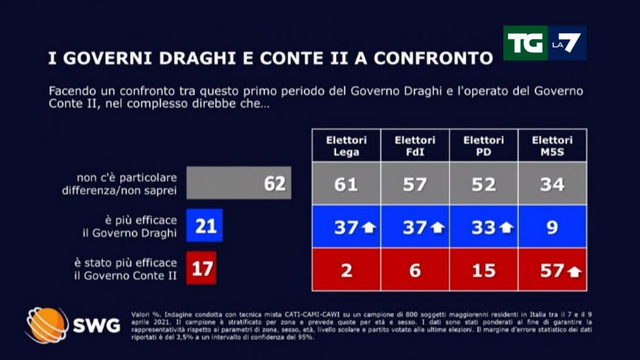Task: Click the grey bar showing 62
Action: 239,183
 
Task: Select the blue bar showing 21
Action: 205,226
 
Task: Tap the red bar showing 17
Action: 201,268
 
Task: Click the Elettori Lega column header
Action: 346,145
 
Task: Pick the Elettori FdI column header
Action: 415,145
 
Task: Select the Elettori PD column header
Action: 483,145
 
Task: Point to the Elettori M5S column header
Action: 552,145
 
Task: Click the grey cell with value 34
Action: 552,184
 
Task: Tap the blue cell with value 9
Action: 552,227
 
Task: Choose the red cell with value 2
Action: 346,270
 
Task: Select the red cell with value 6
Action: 415,270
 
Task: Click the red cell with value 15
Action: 483,270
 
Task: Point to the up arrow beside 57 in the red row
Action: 573,271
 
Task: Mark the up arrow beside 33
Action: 506,228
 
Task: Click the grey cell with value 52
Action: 483,184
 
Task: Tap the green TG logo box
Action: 524,43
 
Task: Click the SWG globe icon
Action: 47,325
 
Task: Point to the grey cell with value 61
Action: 346,184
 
